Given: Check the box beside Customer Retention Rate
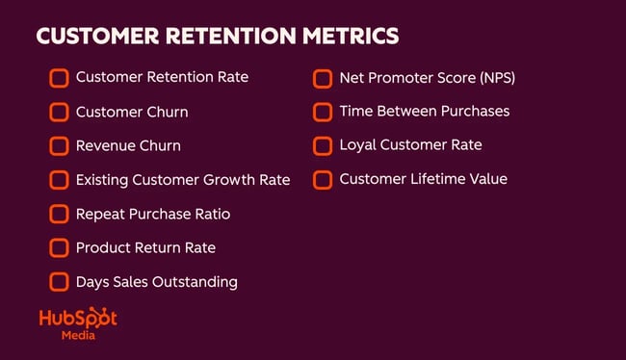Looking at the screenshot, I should [x=59, y=77].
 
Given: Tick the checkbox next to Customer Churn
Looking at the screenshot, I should [x=59, y=112].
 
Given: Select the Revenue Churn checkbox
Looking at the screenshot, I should [x=59, y=146].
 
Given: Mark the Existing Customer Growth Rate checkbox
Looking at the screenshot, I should [x=59, y=180].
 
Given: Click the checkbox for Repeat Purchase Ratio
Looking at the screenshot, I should [x=59, y=214].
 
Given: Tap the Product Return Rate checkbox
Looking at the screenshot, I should [x=59, y=248].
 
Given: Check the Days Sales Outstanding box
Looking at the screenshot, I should [x=59, y=282].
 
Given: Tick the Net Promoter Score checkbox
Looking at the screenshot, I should [x=323, y=78].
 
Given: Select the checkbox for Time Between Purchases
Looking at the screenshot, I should [x=323, y=112].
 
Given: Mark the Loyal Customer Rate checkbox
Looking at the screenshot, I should [x=323, y=145].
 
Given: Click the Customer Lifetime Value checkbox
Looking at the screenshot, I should [x=323, y=179].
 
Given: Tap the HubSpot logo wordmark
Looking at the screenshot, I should [x=78, y=319].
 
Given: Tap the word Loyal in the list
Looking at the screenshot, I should [x=359, y=145].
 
